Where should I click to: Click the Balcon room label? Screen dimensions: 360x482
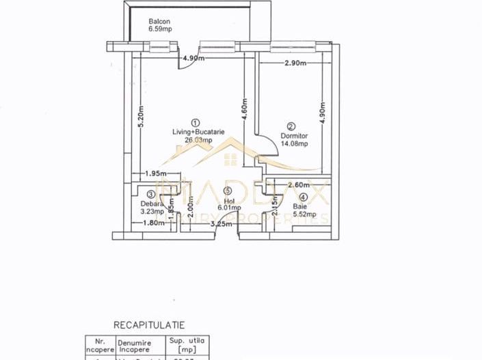pos(159,22)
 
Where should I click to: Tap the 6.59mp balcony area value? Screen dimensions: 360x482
pos(161,30)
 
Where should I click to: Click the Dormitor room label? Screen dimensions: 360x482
pos(294,135)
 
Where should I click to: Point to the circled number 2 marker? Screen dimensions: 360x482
pos(291,126)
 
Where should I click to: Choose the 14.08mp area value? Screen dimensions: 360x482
pos(295,143)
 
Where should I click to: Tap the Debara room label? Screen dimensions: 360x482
pos(151,204)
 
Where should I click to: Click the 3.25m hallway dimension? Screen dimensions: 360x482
pos(220,223)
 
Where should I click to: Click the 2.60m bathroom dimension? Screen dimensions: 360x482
pos(300,185)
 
